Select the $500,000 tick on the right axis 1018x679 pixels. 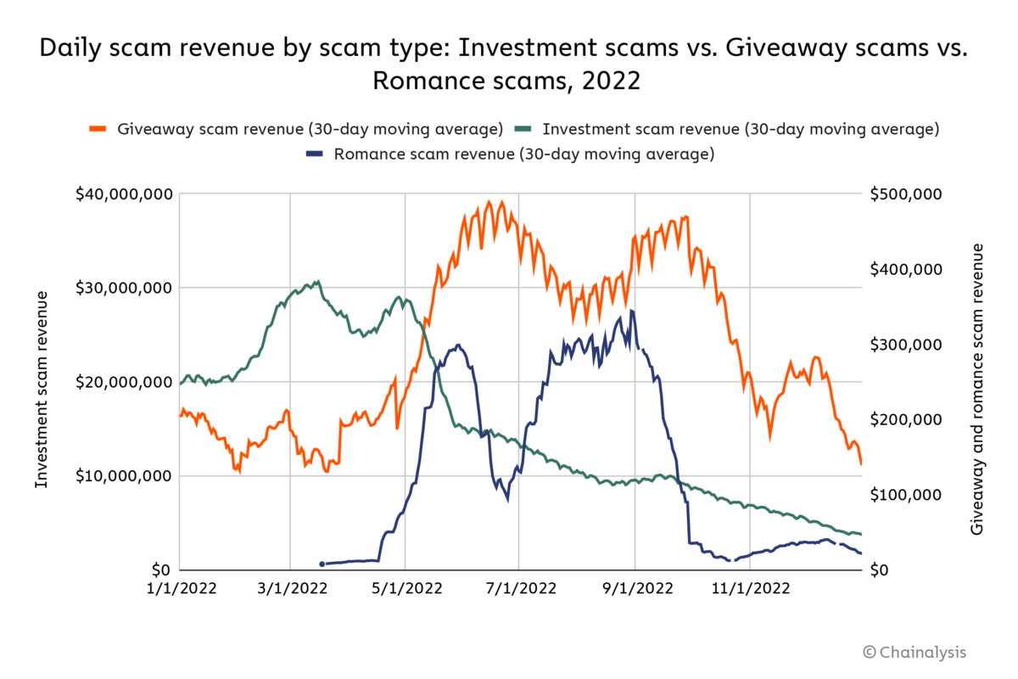906,194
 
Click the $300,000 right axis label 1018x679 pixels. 906,345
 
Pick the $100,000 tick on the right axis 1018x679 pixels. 906,495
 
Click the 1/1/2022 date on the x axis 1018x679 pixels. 181,588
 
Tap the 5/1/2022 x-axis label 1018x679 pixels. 405,588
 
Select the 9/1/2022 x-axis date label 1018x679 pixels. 635,588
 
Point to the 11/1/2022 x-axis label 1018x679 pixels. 750,588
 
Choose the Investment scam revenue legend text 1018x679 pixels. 741,130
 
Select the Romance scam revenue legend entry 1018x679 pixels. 524,154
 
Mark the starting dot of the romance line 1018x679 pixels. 322,564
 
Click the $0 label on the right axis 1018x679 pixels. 881,570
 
